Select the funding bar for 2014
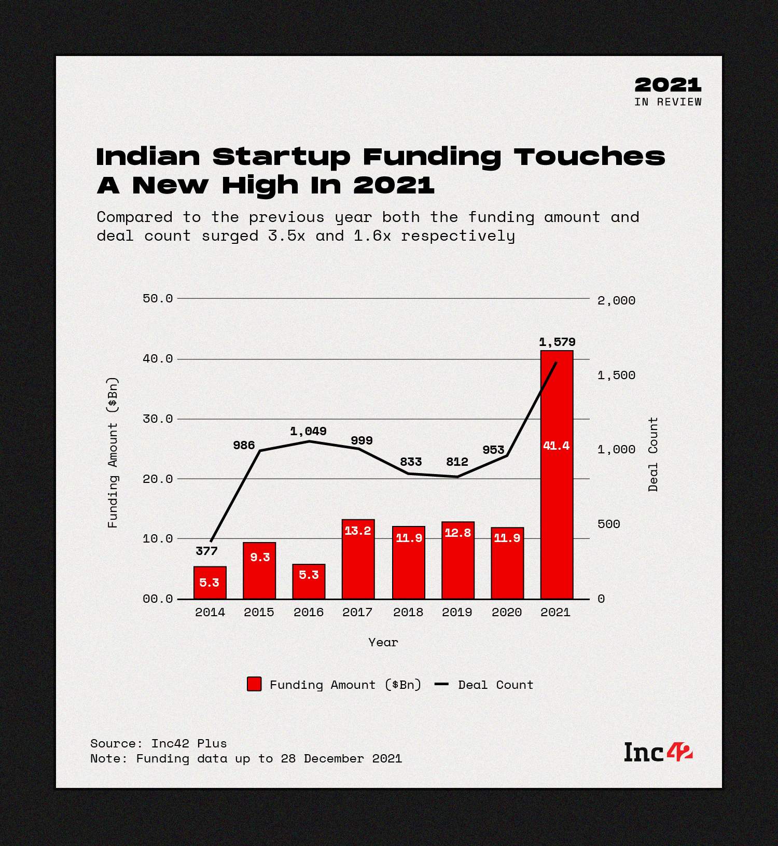point(210,583)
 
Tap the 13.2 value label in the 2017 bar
point(358,531)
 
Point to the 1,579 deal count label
point(557,342)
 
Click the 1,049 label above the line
point(308,431)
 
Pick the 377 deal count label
point(206,551)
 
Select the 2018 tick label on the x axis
point(408,612)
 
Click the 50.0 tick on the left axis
point(158,298)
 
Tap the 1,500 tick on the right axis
point(616,375)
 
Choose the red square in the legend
point(254,684)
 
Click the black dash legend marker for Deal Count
point(441,685)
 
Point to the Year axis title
point(383,642)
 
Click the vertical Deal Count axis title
point(653,454)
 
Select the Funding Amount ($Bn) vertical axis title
point(113,452)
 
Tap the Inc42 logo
point(658,752)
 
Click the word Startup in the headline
point(281,157)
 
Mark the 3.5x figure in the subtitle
point(286,236)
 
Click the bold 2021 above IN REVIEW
point(668,85)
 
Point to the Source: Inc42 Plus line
point(158,743)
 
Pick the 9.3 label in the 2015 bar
point(260,557)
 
